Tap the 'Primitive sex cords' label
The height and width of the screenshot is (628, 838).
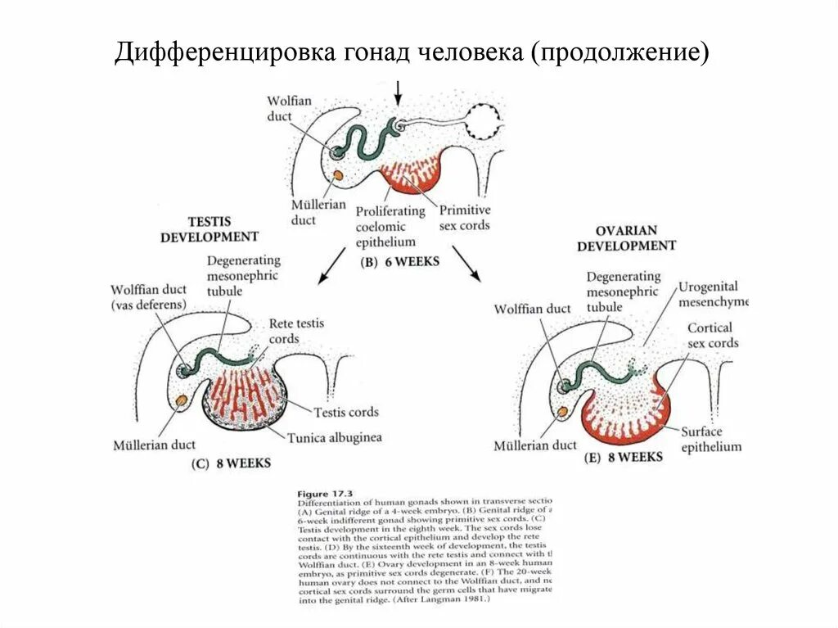click(x=465, y=217)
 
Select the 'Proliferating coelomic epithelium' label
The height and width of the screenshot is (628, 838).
click(x=390, y=226)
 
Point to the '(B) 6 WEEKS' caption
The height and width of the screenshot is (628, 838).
click(x=399, y=262)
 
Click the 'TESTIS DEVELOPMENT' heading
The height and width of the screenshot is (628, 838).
click(x=209, y=229)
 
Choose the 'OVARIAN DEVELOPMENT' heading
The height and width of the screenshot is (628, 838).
click(x=627, y=238)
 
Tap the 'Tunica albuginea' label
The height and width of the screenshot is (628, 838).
click(x=334, y=437)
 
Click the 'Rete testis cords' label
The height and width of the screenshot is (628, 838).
click(x=296, y=331)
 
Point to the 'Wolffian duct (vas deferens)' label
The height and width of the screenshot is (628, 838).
click(x=149, y=296)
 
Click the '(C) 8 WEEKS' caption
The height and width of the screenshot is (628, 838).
click(x=231, y=463)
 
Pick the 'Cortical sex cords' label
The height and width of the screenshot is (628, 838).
click(x=712, y=336)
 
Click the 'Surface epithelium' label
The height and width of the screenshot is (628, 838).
click(x=710, y=439)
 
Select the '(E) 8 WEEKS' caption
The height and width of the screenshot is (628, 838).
click(x=624, y=457)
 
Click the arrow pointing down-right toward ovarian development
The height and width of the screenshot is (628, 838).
click(x=466, y=264)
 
